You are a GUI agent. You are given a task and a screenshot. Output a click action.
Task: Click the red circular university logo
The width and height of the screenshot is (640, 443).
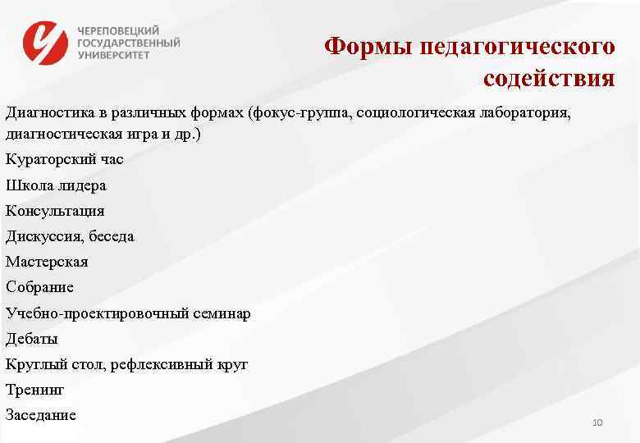click(x=46, y=43)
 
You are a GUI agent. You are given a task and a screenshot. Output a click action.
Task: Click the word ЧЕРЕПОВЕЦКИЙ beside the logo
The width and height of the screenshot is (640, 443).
click(x=119, y=29)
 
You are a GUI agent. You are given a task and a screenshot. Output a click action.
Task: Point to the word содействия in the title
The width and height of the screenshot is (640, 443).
click(x=548, y=79)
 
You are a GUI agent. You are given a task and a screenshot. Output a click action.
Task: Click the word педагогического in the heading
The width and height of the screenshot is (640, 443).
click(x=517, y=46)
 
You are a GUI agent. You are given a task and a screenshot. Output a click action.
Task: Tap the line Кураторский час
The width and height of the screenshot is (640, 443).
click(x=64, y=159)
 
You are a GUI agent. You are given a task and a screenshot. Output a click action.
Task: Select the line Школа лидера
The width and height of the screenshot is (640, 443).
click(x=56, y=185)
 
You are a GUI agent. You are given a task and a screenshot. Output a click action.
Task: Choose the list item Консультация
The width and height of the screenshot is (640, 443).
click(x=55, y=211)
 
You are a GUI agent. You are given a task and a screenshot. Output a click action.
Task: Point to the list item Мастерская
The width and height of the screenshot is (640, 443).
click(x=47, y=262)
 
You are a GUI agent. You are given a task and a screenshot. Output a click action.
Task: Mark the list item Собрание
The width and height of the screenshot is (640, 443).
click(x=39, y=287)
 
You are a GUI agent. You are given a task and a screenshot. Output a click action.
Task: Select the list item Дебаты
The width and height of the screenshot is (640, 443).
click(x=32, y=338)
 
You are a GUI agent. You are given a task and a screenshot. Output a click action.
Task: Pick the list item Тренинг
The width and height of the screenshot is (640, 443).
click(x=34, y=390)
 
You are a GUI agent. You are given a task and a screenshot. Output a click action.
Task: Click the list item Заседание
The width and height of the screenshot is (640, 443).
click(x=41, y=415)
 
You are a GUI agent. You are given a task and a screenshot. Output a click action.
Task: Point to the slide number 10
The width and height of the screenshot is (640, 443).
click(x=597, y=422)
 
